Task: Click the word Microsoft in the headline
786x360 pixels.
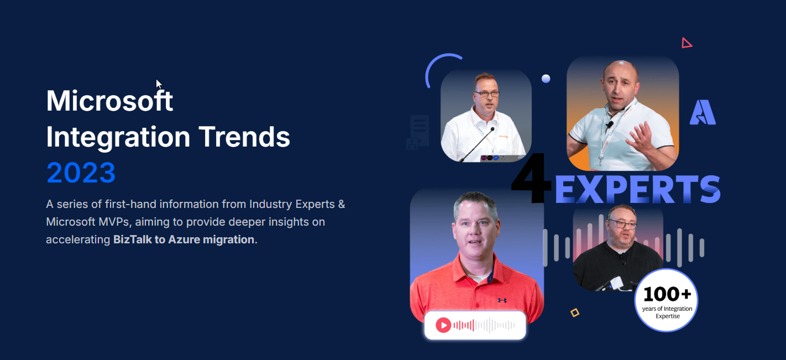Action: click(109, 101)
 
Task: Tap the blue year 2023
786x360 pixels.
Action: click(81, 173)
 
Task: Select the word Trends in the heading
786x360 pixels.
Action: click(244, 137)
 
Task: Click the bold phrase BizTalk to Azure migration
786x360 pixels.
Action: click(184, 239)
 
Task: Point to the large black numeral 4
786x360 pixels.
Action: click(531, 178)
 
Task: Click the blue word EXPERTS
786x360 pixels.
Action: click(637, 189)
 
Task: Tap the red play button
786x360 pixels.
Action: click(443, 325)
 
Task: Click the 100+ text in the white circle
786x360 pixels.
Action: click(667, 294)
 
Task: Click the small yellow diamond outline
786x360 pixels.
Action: click(575, 312)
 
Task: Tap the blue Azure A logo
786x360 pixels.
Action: click(703, 112)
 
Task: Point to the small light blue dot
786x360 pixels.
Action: click(546, 79)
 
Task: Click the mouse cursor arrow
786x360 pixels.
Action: click(159, 84)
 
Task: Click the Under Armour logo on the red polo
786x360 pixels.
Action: click(502, 300)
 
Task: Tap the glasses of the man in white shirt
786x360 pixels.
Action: click(486, 94)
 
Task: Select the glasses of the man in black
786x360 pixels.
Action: click(622, 224)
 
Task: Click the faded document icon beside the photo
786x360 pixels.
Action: click(419, 131)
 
